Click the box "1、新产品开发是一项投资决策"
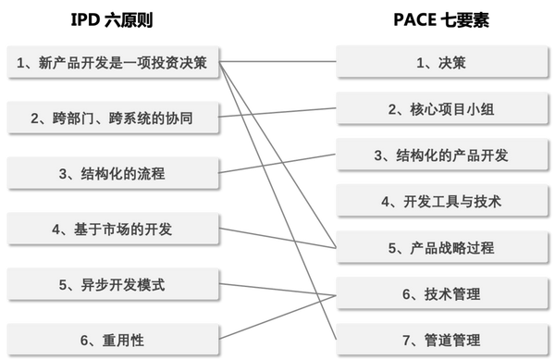coord(113,63)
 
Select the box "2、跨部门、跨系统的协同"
coord(113,118)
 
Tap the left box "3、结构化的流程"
coord(113,173)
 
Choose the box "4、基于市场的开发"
coord(113,229)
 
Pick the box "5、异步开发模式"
coord(113,284)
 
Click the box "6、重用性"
coord(113,340)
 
